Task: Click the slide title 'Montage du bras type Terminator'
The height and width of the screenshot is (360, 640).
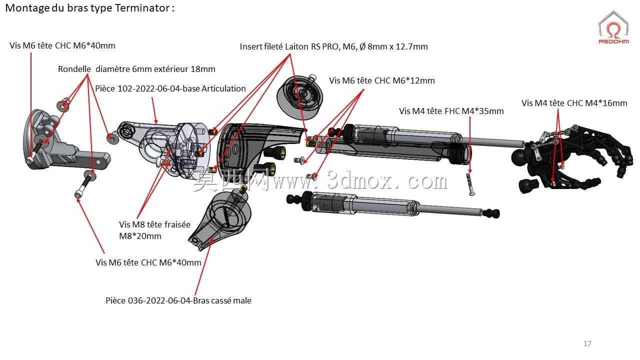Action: point(87,8)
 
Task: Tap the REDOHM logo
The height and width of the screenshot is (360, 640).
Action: point(613,27)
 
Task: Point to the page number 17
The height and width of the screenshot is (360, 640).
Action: point(587,343)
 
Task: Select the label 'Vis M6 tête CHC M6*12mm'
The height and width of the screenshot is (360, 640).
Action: point(381,80)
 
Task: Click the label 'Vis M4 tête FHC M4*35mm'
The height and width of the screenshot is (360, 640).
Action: point(451,111)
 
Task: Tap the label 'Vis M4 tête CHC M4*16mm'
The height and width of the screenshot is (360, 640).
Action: point(574,103)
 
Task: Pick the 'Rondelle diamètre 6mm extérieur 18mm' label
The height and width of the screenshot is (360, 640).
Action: point(136,69)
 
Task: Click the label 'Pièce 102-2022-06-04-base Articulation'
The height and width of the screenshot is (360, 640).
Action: point(170,88)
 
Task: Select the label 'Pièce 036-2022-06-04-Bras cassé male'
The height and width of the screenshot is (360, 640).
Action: point(178,300)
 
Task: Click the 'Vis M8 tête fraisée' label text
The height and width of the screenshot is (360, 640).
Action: point(154,224)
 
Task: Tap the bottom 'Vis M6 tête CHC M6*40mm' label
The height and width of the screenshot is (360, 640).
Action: point(148,262)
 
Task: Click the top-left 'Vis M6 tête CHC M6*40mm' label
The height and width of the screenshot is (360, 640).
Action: point(62,45)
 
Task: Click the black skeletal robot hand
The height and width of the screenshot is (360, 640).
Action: point(571,157)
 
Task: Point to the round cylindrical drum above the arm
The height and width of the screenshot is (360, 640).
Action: point(300,97)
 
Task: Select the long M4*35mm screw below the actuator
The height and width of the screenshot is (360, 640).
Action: point(470,184)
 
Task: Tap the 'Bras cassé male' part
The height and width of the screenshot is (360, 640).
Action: point(220,217)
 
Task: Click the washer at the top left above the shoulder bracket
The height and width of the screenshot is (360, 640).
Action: point(63,105)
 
